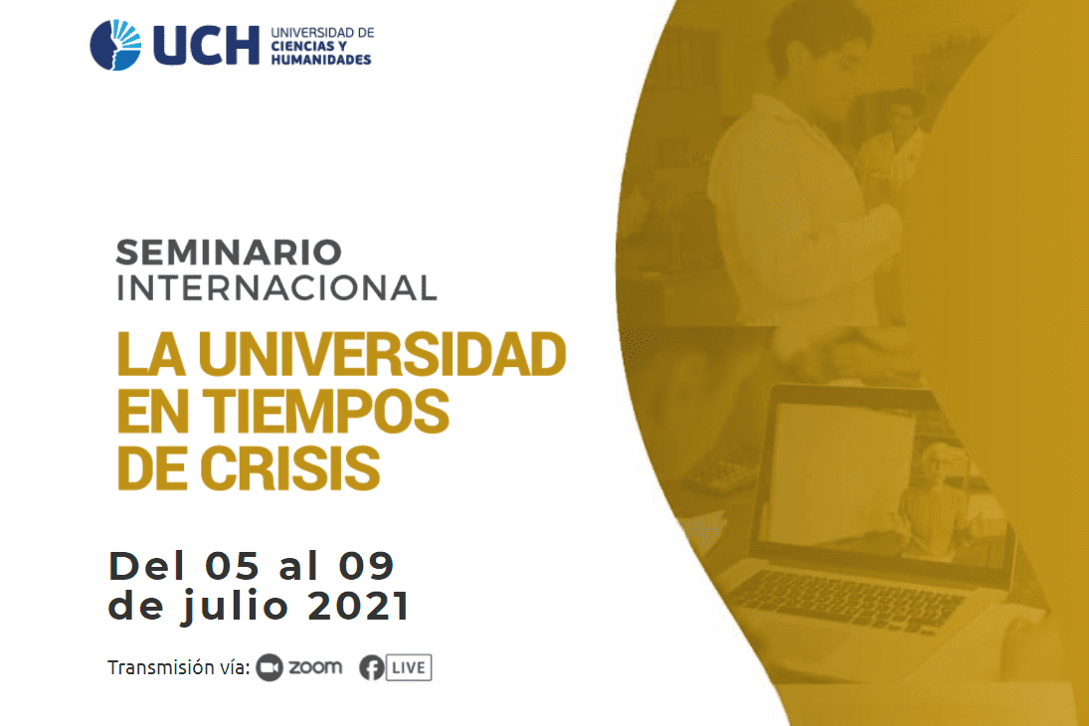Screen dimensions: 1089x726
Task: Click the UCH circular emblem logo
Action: coord(115,45)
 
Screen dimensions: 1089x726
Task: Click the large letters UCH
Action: coord(206,46)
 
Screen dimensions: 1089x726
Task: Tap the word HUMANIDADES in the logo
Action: coord(321,60)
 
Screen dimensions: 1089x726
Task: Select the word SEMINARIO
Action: coord(229,253)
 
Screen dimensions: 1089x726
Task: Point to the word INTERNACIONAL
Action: coord(276,288)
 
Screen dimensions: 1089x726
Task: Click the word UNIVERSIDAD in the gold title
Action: coord(382,354)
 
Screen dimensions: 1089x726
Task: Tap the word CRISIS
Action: coord(290,468)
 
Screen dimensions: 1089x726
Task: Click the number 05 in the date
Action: coord(232,566)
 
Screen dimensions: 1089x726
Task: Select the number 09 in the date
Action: coord(366,566)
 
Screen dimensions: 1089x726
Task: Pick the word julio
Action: coord(235,607)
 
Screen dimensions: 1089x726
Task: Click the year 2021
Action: coord(358,607)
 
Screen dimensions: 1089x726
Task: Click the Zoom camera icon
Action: coord(270,667)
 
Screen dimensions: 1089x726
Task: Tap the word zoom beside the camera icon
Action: coord(315,667)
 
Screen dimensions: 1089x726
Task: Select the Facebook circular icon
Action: coord(372,667)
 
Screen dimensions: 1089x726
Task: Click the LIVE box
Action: coord(409,667)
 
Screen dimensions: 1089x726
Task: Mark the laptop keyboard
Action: coord(843,598)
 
